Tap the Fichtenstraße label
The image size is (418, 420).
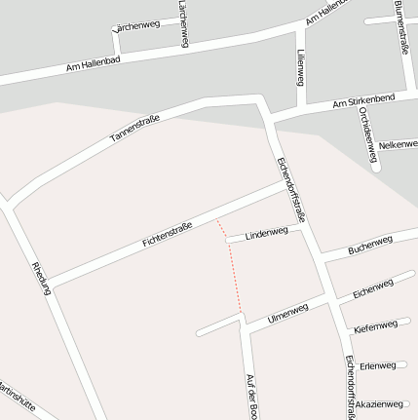(x=167, y=233)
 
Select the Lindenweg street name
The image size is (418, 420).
(x=266, y=234)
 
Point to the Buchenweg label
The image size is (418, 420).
(x=369, y=244)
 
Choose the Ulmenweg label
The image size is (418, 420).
(x=287, y=313)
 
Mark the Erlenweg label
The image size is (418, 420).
(x=378, y=365)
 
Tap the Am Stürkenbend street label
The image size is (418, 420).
(x=363, y=100)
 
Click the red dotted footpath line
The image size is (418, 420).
(x=233, y=268)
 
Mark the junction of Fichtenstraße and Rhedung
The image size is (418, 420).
(x=47, y=285)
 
